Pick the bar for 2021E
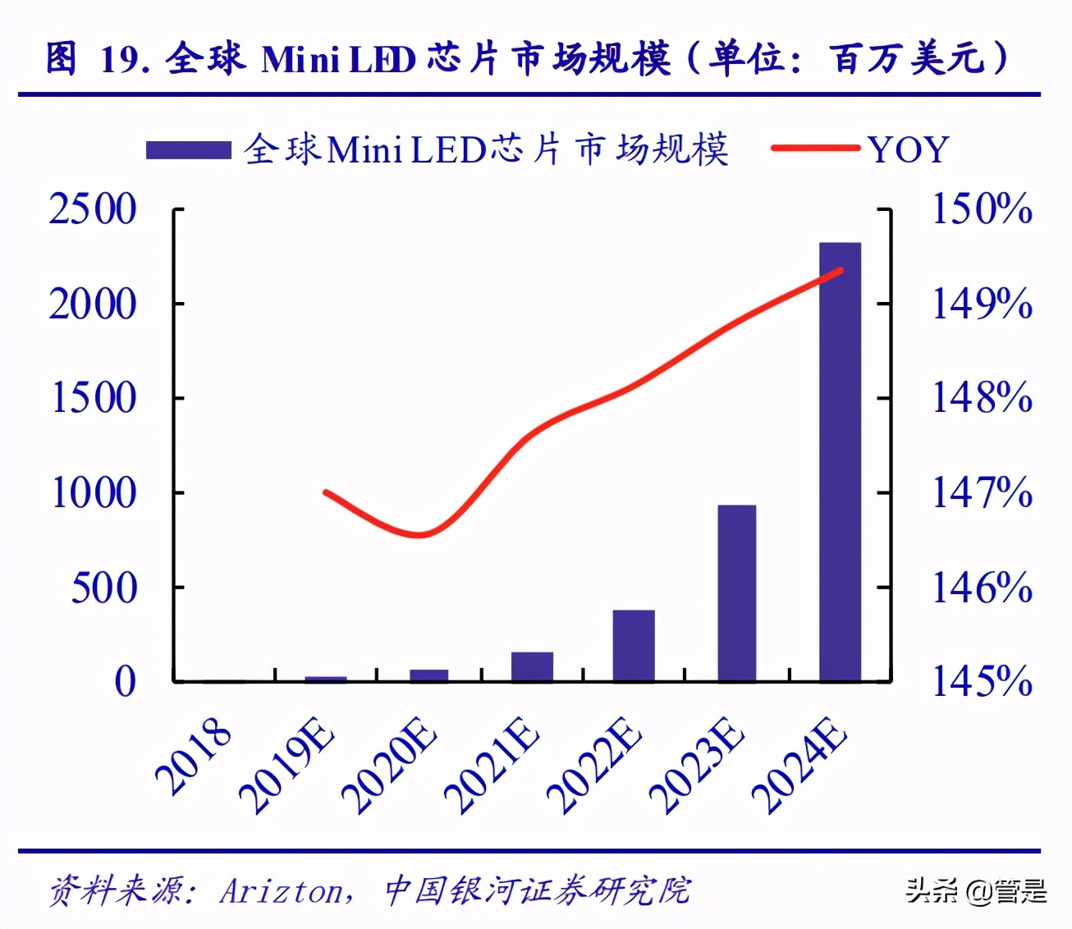(x=532, y=666)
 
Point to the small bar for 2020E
(x=429, y=675)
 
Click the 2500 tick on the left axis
(x=93, y=209)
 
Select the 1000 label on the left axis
(x=93, y=493)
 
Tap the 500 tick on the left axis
(x=103, y=588)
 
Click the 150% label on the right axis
(x=981, y=209)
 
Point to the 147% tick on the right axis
(x=981, y=493)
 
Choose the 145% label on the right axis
(x=981, y=681)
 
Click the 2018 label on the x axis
(x=194, y=757)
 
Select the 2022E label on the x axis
(x=593, y=766)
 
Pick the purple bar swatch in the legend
(x=188, y=150)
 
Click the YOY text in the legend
(x=909, y=150)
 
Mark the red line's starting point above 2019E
(x=327, y=492)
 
